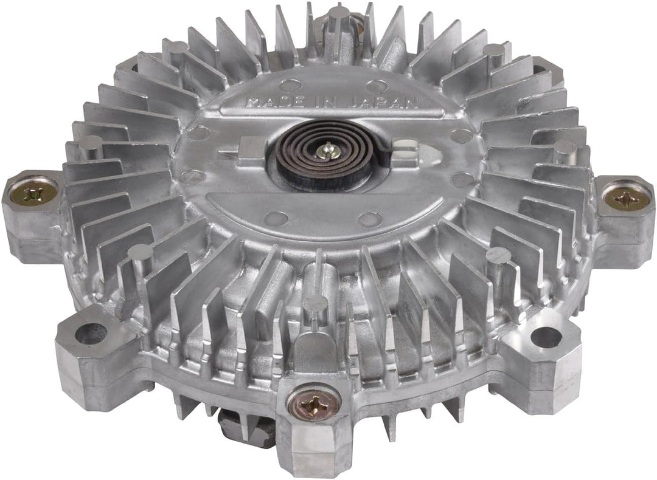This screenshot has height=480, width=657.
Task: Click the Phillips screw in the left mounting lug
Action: click(x=33, y=193)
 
